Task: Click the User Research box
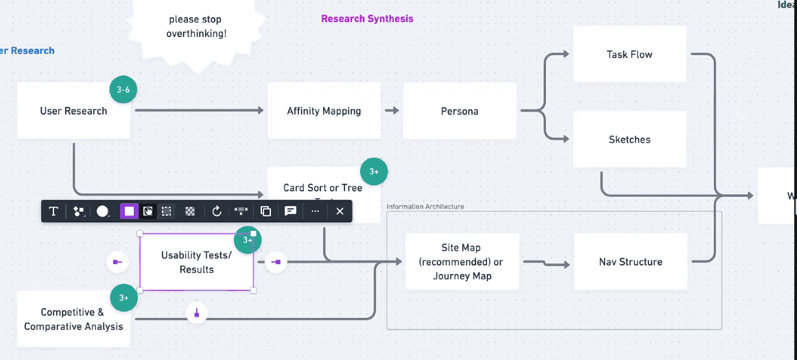click(x=73, y=111)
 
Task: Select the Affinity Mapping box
click(x=324, y=111)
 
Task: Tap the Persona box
click(x=460, y=111)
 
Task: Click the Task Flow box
click(x=629, y=54)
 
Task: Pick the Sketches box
click(x=629, y=139)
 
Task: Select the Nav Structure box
click(x=630, y=262)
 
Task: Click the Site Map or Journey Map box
click(x=462, y=262)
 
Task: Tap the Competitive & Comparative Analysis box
click(x=73, y=320)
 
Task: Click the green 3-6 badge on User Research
click(x=123, y=90)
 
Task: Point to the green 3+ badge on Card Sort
click(x=374, y=171)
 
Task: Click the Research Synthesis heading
click(x=367, y=19)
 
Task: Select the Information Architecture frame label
click(x=425, y=206)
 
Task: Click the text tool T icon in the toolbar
click(x=53, y=211)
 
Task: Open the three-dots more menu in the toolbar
click(x=315, y=211)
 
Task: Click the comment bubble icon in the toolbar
click(x=291, y=211)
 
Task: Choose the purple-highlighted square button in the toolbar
click(x=128, y=211)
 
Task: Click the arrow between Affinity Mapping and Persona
click(x=392, y=110)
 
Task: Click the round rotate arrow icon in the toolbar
click(x=217, y=211)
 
